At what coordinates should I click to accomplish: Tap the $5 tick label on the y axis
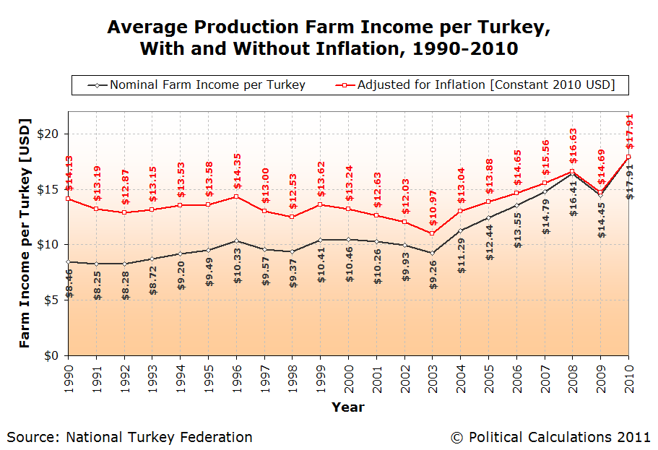click(x=52, y=300)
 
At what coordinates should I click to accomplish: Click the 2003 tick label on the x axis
click(x=432, y=378)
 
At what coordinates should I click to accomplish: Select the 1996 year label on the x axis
click(x=236, y=378)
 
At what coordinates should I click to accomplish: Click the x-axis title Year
click(x=348, y=407)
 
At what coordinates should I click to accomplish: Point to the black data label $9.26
click(x=432, y=274)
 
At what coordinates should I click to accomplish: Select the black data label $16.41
click(x=573, y=200)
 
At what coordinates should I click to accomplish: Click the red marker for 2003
click(x=432, y=233)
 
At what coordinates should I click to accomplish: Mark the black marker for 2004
click(x=460, y=230)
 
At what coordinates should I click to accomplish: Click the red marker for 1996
click(x=236, y=196)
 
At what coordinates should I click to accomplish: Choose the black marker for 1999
click(x=320, y=240)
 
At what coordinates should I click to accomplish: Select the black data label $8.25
click(x=96, y=283)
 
